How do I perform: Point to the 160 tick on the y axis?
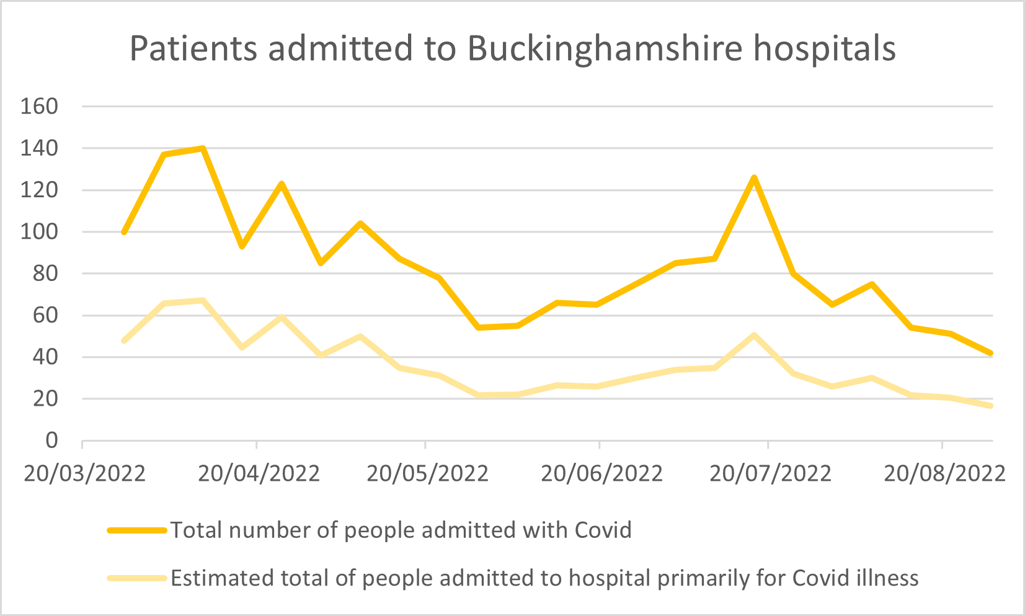[x=38, y=107]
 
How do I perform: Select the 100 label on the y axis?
[x=38, y=232]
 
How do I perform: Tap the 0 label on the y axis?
[x=51, y=441]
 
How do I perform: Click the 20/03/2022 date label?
[x=84, y=474]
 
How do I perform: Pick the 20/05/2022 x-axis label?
[x=427, y=474]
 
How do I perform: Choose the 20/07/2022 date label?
[x=770, y=474]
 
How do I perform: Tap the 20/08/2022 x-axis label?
[x=944, y=474]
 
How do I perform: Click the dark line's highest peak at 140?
[x=203, y=148]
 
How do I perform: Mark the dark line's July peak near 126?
[x=754, y=178]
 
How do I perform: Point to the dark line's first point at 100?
[x=124, y=232]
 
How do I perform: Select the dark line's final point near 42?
[x=990, y=353]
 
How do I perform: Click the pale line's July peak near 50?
[x=754, y=336]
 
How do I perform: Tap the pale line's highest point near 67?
[x=203, y=301]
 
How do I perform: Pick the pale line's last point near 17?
[x=990, y=406]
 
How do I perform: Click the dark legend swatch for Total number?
[x=137, y=530]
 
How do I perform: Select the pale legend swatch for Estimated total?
[x=137, y=578]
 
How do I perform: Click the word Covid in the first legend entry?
[x=603, y=530]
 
